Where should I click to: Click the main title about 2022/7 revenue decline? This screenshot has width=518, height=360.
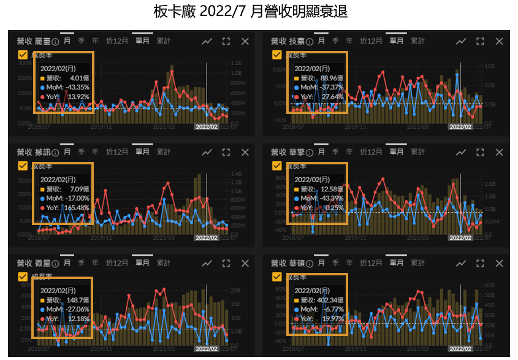(x=251, y=12)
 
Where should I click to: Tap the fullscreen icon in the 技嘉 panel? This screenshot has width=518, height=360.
(x=480, y=41)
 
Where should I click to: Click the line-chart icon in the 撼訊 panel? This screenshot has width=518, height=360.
(x=207, y=152)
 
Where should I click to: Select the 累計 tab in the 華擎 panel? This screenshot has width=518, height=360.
(x=417, y=151)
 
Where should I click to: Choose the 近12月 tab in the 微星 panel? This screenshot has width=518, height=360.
(x=117, y=263)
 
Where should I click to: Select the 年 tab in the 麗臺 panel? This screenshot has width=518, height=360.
(x=95, y=41)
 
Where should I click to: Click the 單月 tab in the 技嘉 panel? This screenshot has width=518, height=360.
(x=397, y=41)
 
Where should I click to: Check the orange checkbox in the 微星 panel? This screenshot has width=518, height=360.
(x=23, y=277)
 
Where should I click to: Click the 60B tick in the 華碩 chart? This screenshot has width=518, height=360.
(x=489, y=285)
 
